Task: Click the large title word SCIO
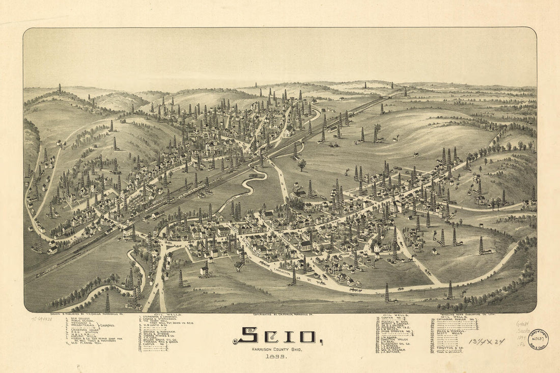coord(277,335)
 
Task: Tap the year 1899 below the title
coord(278,357)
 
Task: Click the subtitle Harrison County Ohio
coord(278,349)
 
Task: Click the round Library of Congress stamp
coord(538,339)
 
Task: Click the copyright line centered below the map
coord(279,314)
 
